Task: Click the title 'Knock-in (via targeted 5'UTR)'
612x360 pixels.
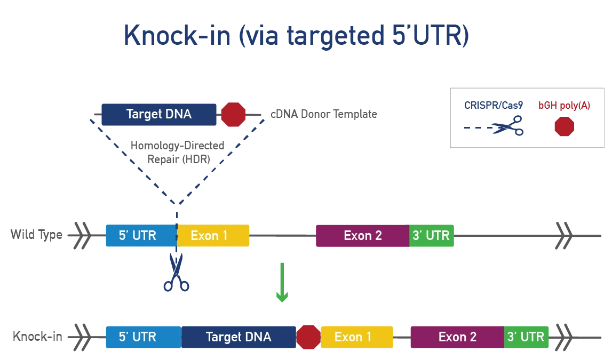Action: pyautogui.click(x=296, y=36)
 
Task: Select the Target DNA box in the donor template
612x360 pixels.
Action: pyautogui.click(x=159, y=114)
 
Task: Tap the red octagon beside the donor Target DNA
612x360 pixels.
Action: pyautogui.click(x=233, y=115)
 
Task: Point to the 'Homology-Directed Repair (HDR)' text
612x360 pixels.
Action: pyautogui.click(x=178, y=152)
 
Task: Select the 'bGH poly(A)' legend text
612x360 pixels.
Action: pyautogui.click(x=564, y=106)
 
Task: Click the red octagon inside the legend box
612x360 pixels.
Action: pyautogui.click(x=564, y=127)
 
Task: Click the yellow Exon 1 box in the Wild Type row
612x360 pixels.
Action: pyautogui.click(x=213, y=236)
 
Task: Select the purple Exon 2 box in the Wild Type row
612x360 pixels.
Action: pyautogui.click(x=363, y=236)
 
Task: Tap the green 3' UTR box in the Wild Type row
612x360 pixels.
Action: pyautogui.click(x=431, y=236)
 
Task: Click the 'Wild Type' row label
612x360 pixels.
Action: pyautogui.click(x=36, y=235)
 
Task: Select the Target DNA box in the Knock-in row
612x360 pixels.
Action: pyautogui.click(x=239, y=337)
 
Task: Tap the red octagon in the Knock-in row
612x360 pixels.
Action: pyautogui.click(x=308, y=337)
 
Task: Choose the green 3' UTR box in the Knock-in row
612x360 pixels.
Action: pyautogui.click(x=526, y=337)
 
